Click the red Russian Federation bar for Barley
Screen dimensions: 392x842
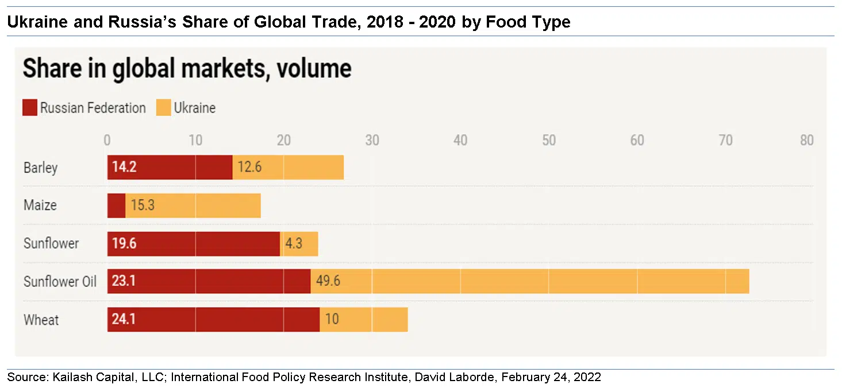point(170,167)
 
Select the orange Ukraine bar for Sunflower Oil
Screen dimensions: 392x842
point(529,281)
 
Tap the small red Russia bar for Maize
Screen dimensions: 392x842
point(116,205)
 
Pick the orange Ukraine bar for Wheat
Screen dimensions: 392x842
point(363,319)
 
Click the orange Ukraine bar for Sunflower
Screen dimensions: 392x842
point(299,243)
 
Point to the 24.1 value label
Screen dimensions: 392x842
point(124,319)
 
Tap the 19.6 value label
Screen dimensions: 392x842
point(124,243)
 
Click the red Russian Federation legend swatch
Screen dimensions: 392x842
point(30,108)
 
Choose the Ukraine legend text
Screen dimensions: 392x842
point(195,108)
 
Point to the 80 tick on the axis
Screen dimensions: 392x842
point(806,141)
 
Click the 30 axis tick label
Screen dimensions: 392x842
point(372,141)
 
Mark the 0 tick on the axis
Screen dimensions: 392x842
point(107,141)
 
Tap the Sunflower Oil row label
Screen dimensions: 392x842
point(60,281)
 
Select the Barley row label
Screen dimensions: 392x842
point(40,168)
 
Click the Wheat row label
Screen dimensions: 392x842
point(41,319)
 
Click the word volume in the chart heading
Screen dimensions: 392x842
point(314,69)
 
